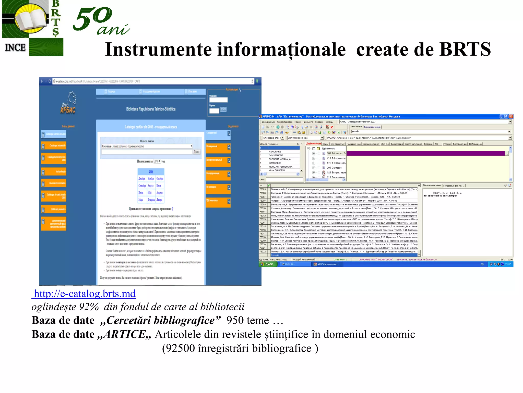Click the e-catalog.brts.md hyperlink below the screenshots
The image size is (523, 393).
click(85, 294)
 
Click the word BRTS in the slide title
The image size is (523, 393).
click(465, 49)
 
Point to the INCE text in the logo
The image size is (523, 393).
click(15, 48)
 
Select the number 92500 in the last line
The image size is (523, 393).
click(180, 348)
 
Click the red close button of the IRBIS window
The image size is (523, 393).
click(511, 116)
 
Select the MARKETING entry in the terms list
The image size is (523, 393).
click(275, 163)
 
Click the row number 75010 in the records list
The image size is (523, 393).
click(263, 208)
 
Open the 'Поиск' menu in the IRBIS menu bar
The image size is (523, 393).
click(298, 122)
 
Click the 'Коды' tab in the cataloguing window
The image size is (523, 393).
click(325, 144)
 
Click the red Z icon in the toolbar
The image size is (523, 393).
click(332, 127)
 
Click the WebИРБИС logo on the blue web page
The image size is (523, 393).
click(68, 104)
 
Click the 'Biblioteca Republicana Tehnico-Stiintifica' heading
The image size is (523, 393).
click(151, 109)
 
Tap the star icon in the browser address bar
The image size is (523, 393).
click(252, 81)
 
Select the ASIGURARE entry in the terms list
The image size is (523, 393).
click(275, 152)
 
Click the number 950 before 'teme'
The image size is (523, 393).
click(235, 321)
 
